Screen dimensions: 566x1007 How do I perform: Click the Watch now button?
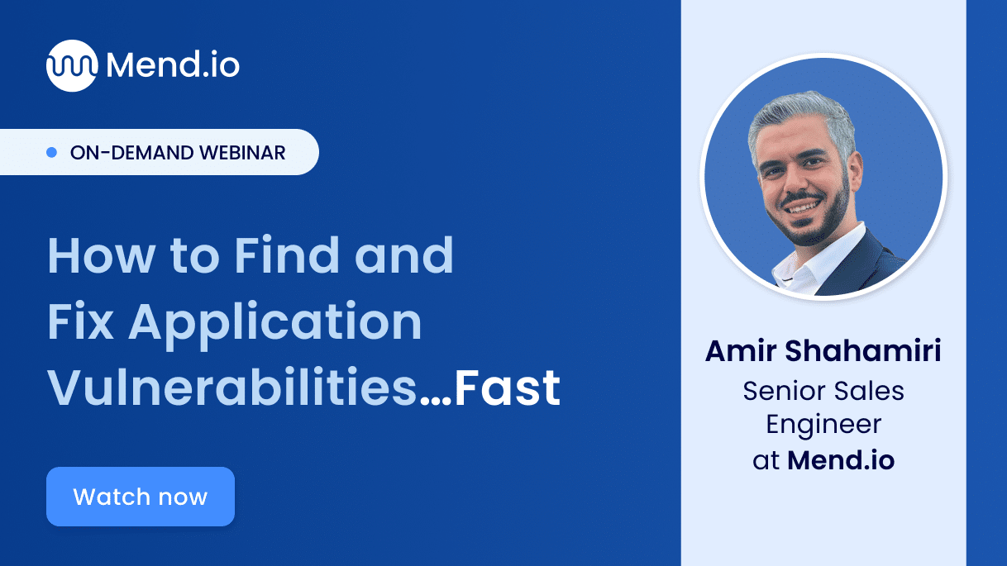click(x=141, y=497)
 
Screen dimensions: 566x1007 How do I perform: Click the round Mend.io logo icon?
click(x=71, y=65)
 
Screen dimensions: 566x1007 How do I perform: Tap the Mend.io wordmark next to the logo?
click(x=173, y=65)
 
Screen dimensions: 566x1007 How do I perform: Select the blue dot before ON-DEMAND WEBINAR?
click(x=51, y=153)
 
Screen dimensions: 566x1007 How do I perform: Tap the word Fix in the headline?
click(x=80, y=322)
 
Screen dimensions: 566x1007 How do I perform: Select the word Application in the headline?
click(x=275, y=322)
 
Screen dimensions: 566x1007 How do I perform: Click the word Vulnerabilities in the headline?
click(x=232, y=389)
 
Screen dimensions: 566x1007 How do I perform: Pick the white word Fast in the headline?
click(x=508, y=389)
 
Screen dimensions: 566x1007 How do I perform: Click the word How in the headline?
click(x=94, y=256)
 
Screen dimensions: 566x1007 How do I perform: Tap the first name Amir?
click(x=739, y=351)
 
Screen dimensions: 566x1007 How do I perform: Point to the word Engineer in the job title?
click(x=823, y=425)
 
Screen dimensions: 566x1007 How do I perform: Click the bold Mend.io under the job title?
click(x=841, y=460)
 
